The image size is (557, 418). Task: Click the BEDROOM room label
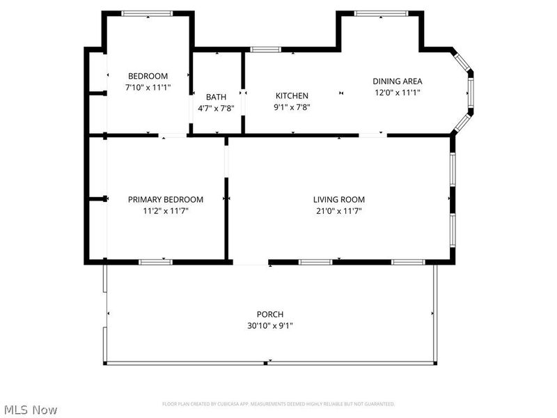148,76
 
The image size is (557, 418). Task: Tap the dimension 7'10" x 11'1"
148,88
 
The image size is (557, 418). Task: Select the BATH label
216,97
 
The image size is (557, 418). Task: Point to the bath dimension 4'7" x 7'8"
216,108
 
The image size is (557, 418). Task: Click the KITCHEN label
292,96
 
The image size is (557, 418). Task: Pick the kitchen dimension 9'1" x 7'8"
292,107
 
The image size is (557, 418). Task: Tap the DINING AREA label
398,81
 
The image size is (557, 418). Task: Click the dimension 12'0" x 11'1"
398,92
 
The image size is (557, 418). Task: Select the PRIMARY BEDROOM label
166,199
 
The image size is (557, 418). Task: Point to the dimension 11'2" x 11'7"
166,210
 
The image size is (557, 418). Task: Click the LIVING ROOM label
339,199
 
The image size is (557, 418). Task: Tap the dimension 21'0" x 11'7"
339,210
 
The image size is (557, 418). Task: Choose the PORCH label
269,314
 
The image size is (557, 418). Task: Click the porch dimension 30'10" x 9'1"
269,325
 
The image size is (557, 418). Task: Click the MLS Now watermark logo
30,410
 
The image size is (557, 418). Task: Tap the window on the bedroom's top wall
147,13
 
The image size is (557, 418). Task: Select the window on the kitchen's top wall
265,49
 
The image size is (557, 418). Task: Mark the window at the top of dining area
381,13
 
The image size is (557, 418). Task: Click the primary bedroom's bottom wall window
155,262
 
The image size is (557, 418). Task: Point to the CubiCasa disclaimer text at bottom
278,404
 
